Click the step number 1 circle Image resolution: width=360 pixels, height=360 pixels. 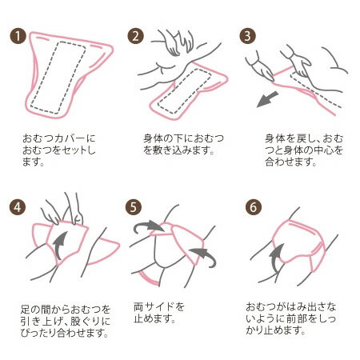(x=18, y=36)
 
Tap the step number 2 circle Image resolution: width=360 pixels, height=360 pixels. (x=135, y=36)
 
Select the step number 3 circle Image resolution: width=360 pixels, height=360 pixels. (x=248, y=36)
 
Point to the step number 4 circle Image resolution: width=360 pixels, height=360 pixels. (x=18, y=207)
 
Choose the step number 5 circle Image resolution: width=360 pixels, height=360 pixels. (x=134, y=207)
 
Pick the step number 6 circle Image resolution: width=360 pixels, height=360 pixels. (x=254, y=207)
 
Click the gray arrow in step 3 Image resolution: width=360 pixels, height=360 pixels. (x=267, y=99)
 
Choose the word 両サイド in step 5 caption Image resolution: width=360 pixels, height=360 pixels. (x=154, y=307)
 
